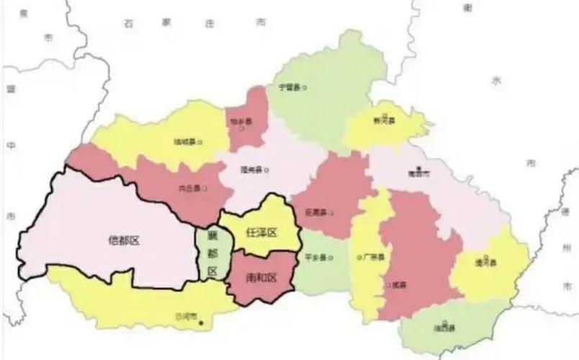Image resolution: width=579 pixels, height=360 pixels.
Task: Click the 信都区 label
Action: (123, 240)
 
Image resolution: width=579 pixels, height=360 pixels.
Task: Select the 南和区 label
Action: (260, 277)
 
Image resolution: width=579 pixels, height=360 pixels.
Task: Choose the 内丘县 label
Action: (189, 189)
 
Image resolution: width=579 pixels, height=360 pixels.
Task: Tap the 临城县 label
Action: (184, 142)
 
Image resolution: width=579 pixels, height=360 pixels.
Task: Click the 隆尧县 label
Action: (251, 170)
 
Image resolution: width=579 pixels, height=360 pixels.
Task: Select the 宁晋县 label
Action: (288, 87)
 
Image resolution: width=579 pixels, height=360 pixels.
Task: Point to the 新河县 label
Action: (384, 122)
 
